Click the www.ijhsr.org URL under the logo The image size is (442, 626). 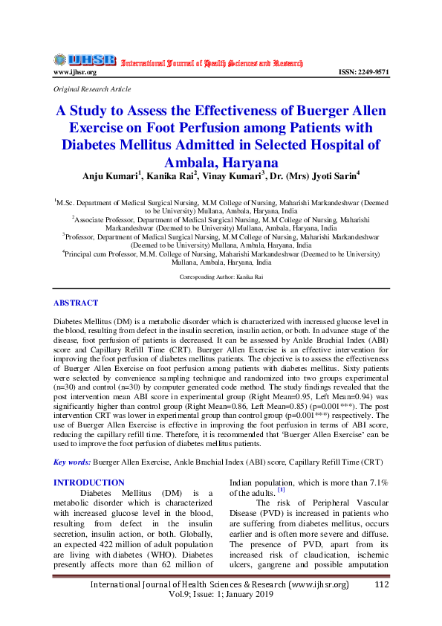tap(74, 72)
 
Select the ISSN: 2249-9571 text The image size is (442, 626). tap(363, 72)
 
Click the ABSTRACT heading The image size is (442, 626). tap(76, 303)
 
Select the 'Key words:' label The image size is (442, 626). tap(72, 462)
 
